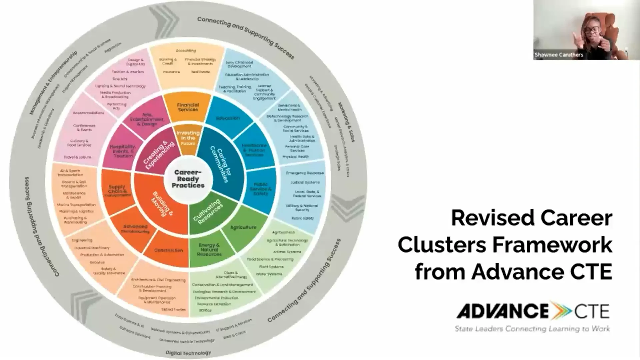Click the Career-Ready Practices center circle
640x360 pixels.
tap(188, 179)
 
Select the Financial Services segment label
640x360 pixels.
tap(188, 107)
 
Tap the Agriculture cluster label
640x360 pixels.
tap(243, 227)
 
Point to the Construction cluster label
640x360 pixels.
tap(168, 250)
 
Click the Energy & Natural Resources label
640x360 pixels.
tap(209, 250)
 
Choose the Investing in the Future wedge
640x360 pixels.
tap(188, 138)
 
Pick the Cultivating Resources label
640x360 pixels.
tap(208, 212)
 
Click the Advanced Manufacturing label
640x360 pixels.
tap(135, 229)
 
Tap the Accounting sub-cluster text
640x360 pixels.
tap(186, 51)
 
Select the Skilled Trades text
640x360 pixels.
tap(173, 309)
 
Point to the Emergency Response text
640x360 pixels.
tap(305, 173)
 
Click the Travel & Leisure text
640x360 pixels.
tap(77, 157)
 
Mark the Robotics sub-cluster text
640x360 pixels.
tap(97, 262)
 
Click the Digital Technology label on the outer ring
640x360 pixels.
tap(188, 353)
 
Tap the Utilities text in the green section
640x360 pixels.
tap(205, 310)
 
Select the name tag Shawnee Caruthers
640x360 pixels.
tap(559, 55)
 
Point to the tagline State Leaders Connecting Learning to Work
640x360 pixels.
tap(532, 329)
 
